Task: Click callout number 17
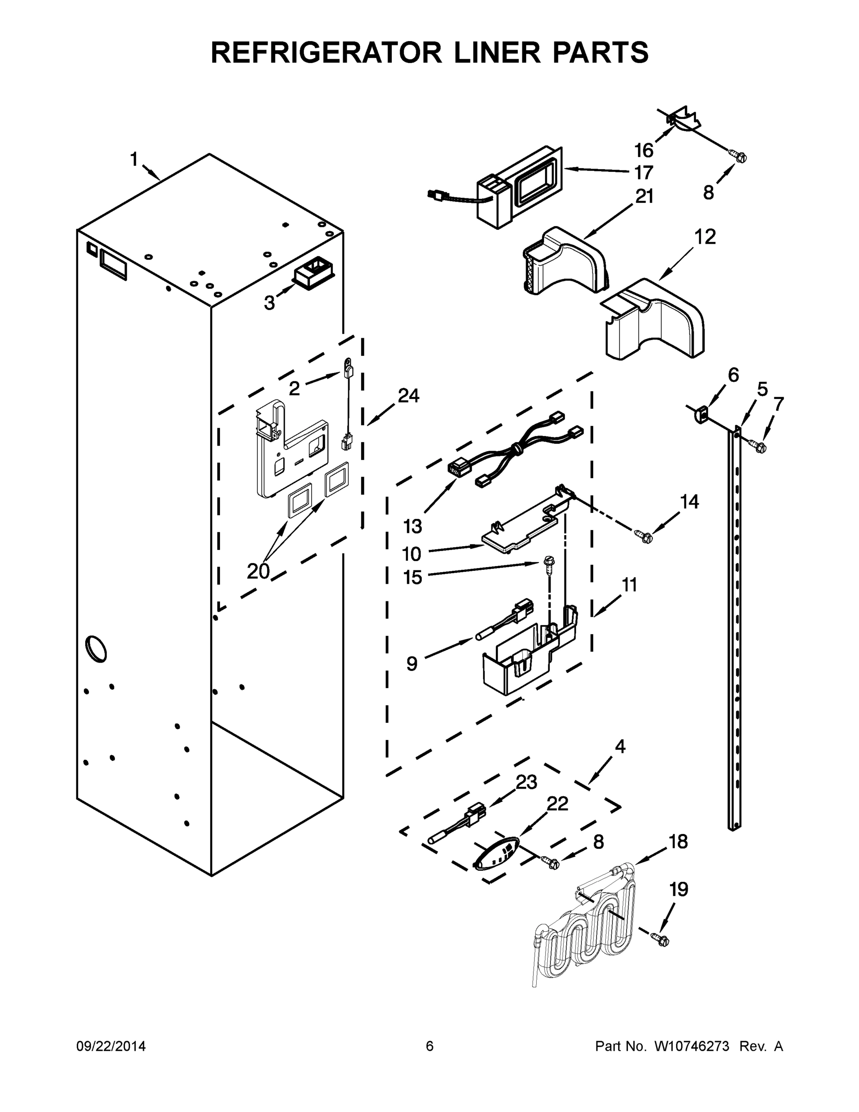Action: (x=643, y=173)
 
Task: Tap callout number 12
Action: (x=705, y=237)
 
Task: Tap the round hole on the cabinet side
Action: (x=96, y=649)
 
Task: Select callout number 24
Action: (x=408, y=395)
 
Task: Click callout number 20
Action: (x=258, y=571)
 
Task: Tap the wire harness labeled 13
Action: (x=514, y=451)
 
